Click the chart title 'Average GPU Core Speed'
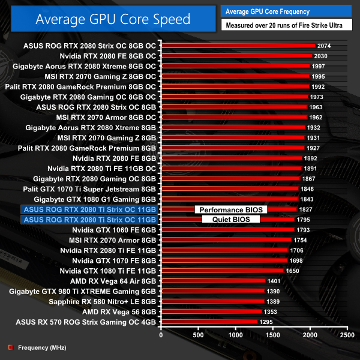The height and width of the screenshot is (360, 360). pos(113,19)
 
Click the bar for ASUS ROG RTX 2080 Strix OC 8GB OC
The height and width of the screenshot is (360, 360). pos(238,46)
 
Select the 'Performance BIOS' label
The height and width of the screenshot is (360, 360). pos(231,209)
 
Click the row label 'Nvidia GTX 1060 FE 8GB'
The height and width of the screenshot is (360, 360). pos(114,230)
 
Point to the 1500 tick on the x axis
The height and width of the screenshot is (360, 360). pos(272,335)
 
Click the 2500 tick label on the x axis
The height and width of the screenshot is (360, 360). pos(346,335)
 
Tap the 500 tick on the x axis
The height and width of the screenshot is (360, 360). pos(198,335)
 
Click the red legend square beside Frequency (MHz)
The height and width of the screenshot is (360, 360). pos(10,347)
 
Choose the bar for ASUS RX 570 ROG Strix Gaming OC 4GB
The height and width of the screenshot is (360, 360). pos(209,322)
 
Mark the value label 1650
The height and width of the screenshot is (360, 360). pos(292,271)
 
